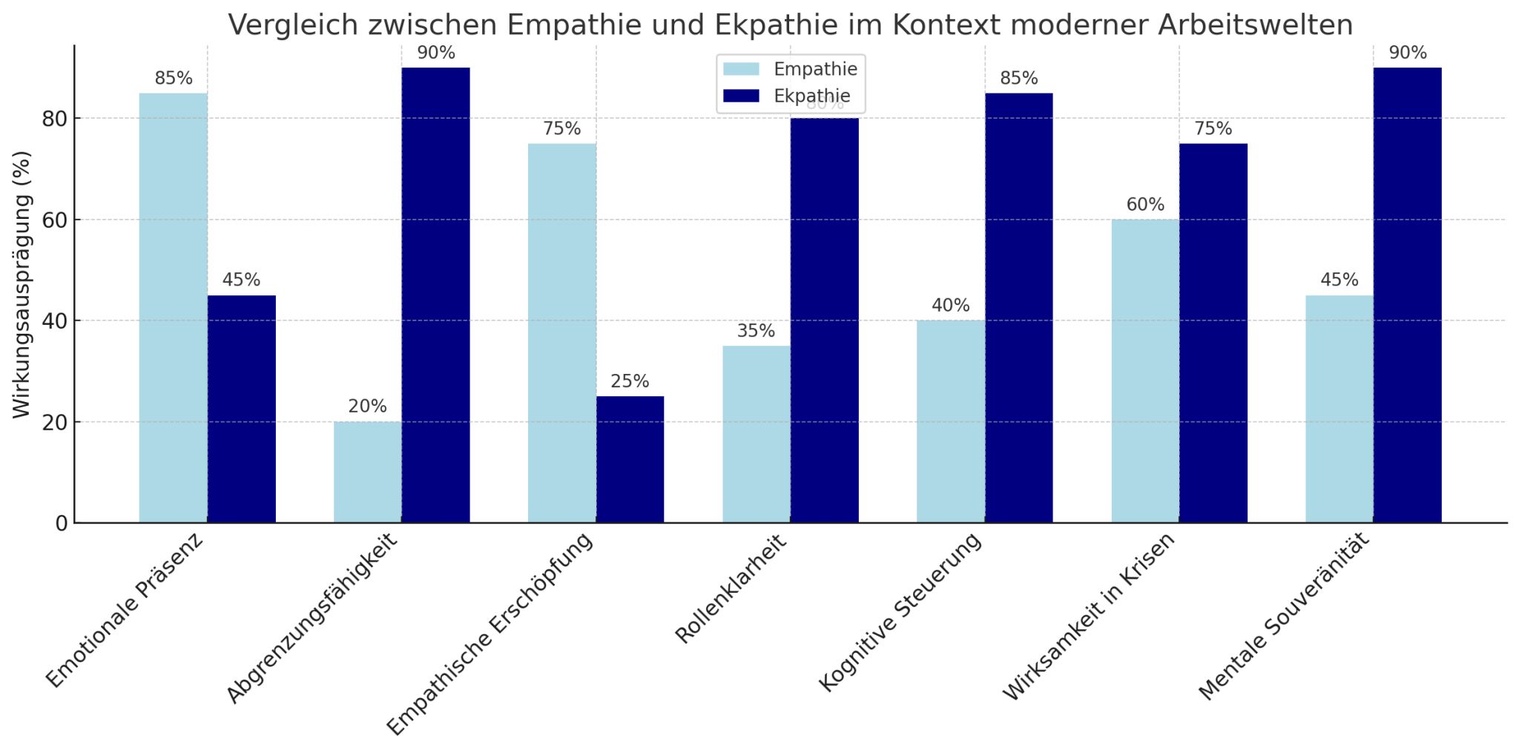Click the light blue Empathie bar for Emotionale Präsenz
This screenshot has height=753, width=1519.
pos(173,308)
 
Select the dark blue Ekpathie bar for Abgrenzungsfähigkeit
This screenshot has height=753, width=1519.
pos(435,295)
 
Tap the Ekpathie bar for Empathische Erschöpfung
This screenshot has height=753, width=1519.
pos(630,459)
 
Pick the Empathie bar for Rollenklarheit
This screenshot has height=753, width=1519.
pos(756,434)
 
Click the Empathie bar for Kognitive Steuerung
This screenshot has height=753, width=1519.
pos(950,421)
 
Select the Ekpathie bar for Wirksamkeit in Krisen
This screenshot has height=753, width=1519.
pos(1213,333)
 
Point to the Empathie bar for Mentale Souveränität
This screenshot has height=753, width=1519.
pos(1339,409)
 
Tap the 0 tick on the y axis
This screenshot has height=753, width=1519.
pos(62,524)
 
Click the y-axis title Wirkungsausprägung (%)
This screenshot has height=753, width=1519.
pos(22,284)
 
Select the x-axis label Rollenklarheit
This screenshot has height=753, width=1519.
pos(731,591)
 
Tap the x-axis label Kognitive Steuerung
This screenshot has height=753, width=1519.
pos(900,613)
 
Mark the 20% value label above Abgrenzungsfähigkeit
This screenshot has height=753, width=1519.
pos(367,407)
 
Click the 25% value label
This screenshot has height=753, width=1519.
pos(630,381)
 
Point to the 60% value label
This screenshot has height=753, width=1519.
pos(1145,205)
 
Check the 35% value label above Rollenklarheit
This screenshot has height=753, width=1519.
pos(756,331)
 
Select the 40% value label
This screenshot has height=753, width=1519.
pos(950,306)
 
